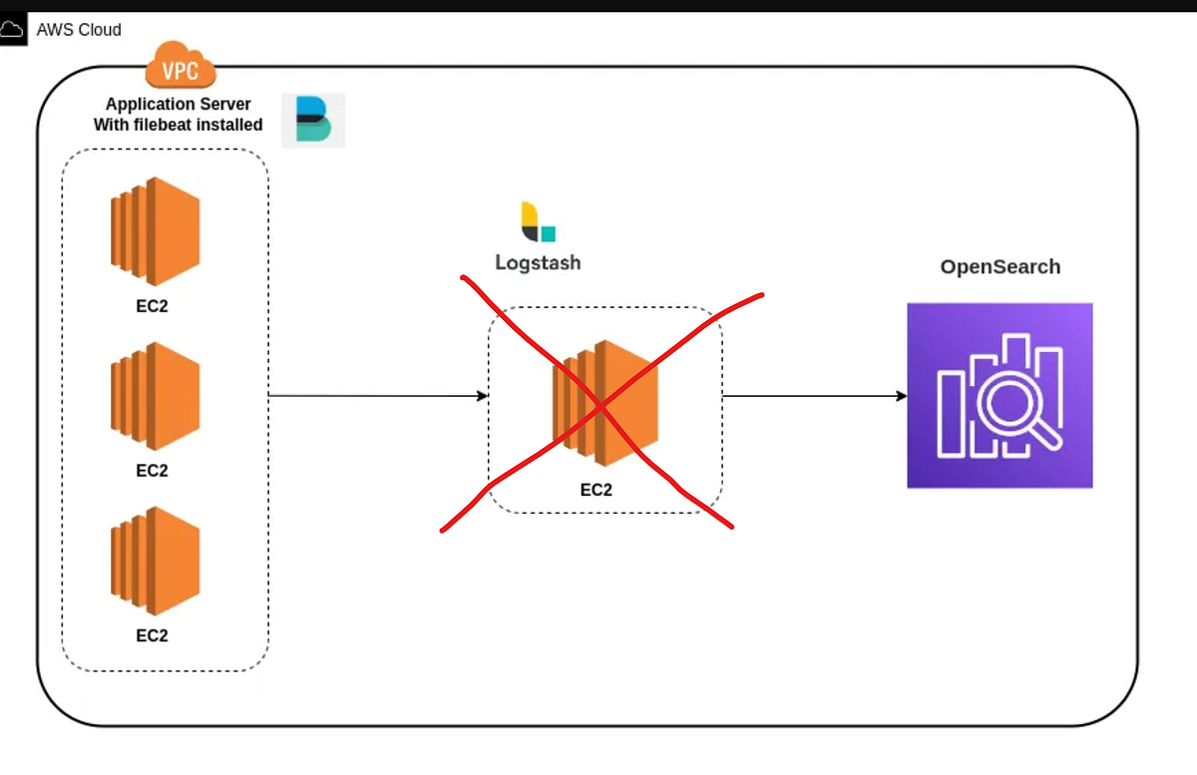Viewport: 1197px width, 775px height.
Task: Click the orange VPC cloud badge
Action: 181,67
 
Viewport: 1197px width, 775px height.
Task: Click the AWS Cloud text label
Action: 79,30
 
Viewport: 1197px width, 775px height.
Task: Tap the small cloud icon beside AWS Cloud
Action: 12,31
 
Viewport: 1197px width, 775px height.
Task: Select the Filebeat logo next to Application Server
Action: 313,121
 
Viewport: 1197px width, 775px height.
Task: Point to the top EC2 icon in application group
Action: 155,231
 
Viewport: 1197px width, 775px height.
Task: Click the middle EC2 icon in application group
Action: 155,396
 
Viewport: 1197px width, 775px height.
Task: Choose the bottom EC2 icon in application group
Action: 155,561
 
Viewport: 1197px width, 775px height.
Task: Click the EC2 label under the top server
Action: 152,306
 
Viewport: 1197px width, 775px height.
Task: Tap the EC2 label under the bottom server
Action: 152,635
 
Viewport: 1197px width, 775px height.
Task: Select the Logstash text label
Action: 538,263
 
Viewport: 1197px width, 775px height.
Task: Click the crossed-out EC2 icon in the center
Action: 605,404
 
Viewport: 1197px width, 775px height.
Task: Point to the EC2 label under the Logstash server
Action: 596,490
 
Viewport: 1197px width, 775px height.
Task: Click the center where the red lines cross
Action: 601,406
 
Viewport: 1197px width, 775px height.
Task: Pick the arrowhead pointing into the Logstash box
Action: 483,396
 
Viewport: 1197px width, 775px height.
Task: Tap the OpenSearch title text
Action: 999,267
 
